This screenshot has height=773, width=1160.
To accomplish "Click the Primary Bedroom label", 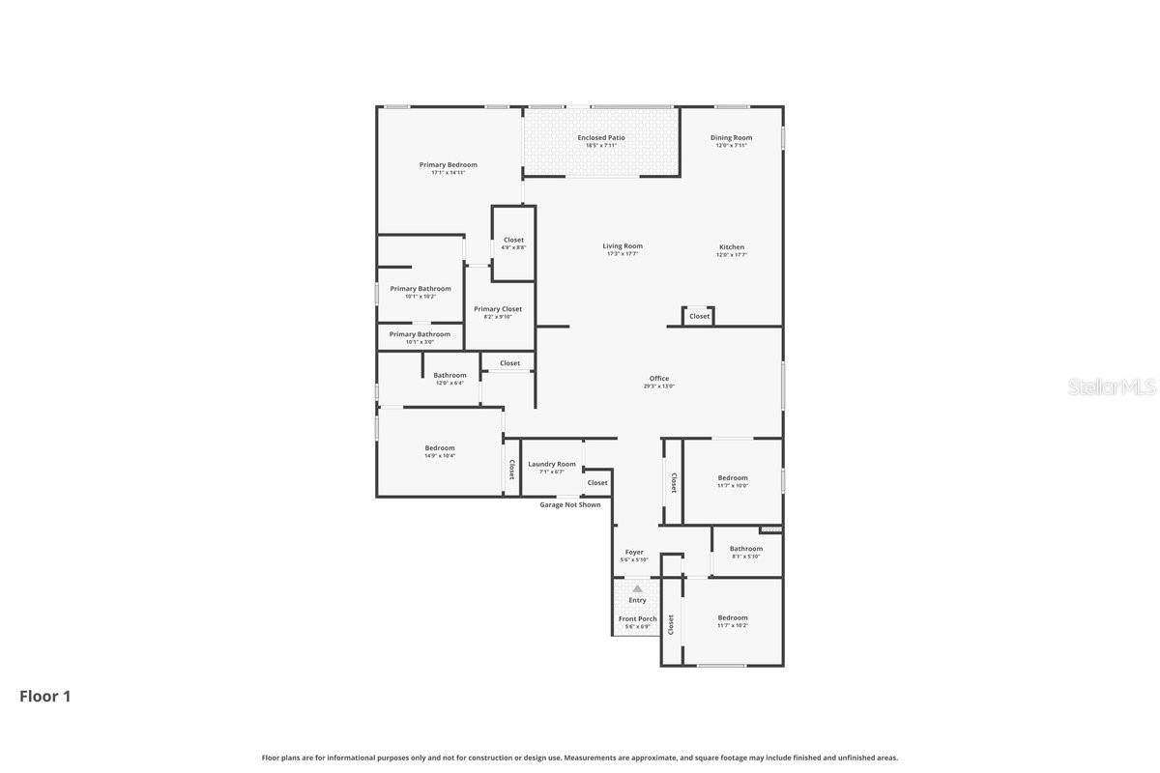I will click(x=448, y=165).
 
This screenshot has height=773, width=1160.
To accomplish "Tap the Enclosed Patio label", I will click(x=601, y=138).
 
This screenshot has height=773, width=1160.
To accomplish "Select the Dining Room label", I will click(x=731, y=138).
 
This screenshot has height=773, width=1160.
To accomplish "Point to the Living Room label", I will click(x=623, y=246).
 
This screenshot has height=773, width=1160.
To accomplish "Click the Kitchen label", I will click(x=731, y=246).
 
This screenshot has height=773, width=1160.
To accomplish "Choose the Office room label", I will click(x=659, y=379).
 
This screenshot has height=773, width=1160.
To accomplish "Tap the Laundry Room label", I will click(x=552, y=465).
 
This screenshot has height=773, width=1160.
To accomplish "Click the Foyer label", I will click(x=634, y=553).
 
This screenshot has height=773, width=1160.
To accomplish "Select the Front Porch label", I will click(x=637, y=619).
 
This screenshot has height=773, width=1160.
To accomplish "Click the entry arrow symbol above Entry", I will click(x=637, y=587).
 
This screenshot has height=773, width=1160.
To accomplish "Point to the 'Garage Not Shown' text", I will click(x=569, y=504).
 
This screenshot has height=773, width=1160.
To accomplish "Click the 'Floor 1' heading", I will click(x=45, y=696).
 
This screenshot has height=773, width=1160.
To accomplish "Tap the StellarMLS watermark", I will click(x=1111, y=387).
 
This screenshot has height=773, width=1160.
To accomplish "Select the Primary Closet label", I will click(x=498, y=309).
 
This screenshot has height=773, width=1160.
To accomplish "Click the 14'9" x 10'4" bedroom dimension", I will click(x=440, y=456).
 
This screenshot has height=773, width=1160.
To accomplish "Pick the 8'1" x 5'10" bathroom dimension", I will click(x=745, y=557).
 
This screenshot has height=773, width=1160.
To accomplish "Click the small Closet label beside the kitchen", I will click(x=699, y=316).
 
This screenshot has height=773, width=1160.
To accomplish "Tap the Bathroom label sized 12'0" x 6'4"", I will click(x=449, y=375).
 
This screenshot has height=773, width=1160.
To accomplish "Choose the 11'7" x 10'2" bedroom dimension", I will click(x=733, y=625).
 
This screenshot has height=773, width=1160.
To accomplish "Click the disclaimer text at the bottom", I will click(x=580, y=758).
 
